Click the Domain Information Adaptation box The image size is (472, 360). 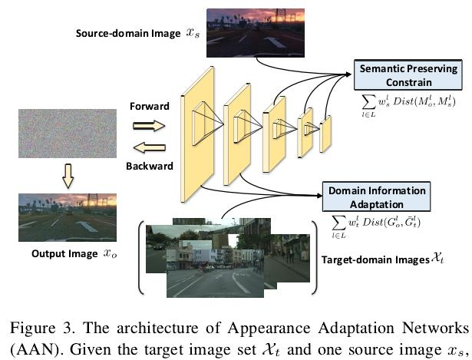point(366,196)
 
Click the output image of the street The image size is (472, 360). point(60,217)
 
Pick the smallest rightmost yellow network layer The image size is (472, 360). point(325,134)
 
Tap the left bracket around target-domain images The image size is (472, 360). point(141,257)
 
